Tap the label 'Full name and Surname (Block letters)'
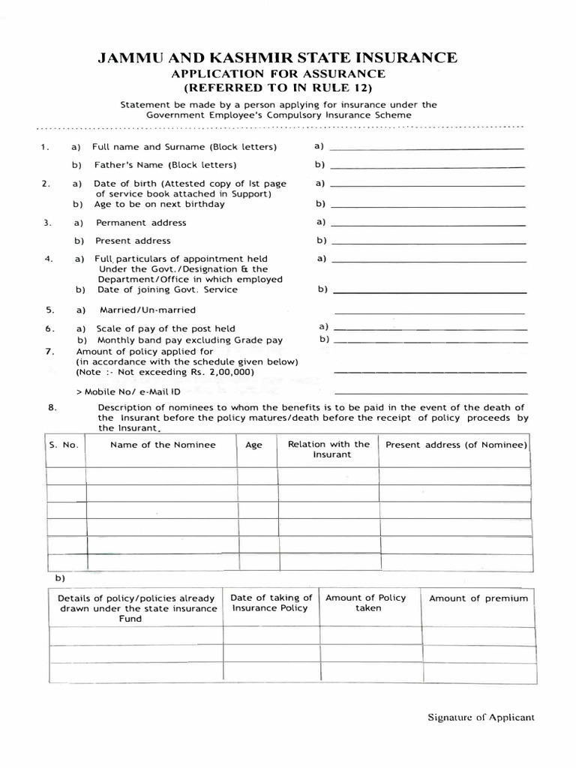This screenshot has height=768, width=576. [x=184, y=146]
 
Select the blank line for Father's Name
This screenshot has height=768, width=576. [x=427, y=166]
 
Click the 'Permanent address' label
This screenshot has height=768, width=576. [x=141, y=223]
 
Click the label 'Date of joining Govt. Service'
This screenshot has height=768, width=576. [x=166, y=289]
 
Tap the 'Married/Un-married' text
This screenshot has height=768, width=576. [x=148, y=310]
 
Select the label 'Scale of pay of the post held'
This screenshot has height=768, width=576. [x=165, y=328]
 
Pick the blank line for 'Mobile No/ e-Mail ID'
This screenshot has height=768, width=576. [x=430, y=393]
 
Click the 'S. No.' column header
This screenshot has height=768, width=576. [x=64, y=445]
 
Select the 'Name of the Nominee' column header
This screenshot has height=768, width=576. [x=163, y=445]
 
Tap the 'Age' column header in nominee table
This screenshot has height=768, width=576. [x=254, y=445]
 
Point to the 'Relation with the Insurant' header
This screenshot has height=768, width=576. [x=328, y=449]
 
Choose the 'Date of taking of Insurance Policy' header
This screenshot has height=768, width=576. [x=271, y=603]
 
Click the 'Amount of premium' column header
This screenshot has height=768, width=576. [x=478, y=598]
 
